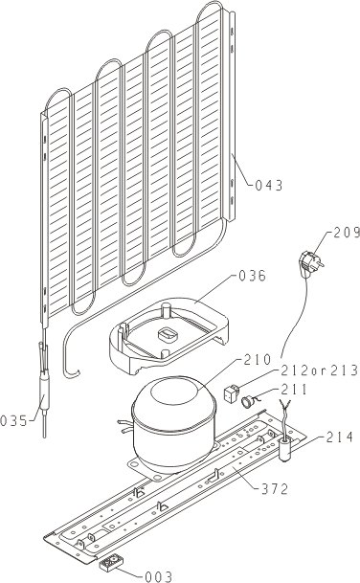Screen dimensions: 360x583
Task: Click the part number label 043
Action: [269, 185]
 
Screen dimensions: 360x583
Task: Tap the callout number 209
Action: [347, 233]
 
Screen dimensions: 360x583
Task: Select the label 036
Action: [252, 276]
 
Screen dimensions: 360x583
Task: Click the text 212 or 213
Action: [319, 370]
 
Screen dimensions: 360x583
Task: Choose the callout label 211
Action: [294, 390]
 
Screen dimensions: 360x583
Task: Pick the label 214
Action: [340, 437]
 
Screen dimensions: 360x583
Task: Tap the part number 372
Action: [275, 489]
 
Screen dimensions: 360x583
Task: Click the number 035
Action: [13, 421]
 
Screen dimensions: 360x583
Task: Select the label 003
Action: [158, 576]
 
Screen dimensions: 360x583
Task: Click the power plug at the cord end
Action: [312, 261]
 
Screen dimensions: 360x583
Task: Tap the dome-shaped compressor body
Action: [173, 424]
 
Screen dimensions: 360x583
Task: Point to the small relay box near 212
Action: [232, 393]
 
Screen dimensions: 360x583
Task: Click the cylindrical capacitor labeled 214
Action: [285, 449]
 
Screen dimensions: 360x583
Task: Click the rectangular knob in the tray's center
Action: [169, 334]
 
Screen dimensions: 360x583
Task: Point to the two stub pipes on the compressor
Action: [125, 426]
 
